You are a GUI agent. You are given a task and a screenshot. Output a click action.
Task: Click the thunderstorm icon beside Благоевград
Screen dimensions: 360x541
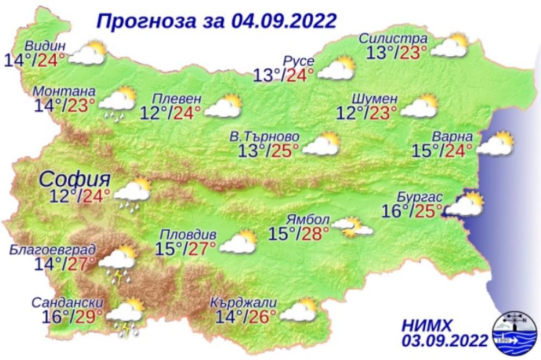point(118,263)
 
